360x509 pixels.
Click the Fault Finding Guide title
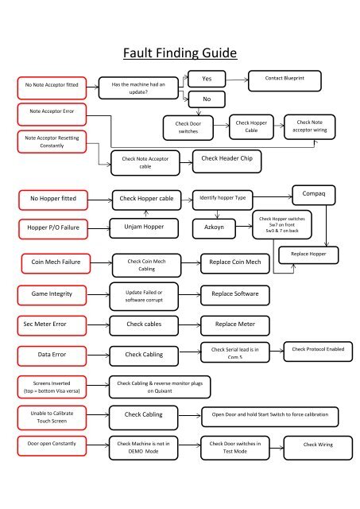(180, 53)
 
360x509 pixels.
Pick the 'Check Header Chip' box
(224, 159)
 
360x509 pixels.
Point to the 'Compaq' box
(315, 193)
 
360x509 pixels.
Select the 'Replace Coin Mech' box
(234, 261)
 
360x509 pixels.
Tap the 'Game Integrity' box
(52, 294)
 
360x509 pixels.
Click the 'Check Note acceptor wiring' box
(312, 126)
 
